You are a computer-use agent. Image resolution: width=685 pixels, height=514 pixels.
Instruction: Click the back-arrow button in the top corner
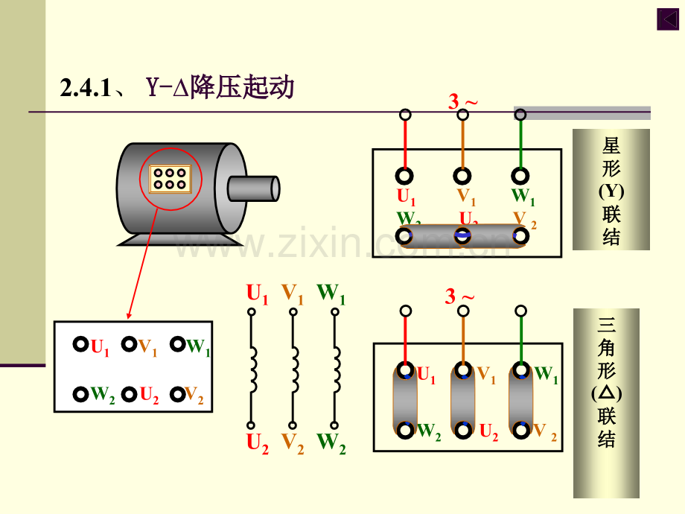pos(666,19)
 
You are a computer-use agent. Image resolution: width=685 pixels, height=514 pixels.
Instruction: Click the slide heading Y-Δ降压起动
pos(220,89)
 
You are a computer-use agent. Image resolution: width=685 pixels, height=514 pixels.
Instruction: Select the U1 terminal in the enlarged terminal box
pos(82,345)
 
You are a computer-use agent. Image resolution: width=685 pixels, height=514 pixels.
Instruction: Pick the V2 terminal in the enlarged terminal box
pos(177,394)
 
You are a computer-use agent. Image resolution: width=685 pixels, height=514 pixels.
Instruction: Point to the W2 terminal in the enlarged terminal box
pos(82,394)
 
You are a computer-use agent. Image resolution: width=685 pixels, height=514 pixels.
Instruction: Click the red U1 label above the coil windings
pos(257,294)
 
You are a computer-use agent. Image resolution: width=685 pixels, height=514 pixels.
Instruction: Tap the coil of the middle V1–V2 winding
pos(294,371)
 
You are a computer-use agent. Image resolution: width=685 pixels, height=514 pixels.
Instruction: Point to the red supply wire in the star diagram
pos(405,145)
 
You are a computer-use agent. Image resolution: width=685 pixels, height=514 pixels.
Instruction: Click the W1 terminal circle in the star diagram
pos(520,176)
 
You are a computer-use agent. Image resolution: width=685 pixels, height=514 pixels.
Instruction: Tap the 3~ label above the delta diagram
pos(459,296)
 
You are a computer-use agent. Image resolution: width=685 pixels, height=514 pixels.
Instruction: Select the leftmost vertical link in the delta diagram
pos(405,399)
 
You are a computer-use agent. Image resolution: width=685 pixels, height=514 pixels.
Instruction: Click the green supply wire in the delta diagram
pos(520,337)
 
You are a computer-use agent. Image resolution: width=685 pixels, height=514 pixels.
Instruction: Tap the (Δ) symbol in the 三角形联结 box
pos(606,392)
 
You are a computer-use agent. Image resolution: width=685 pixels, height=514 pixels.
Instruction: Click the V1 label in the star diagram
pos(466,197)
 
